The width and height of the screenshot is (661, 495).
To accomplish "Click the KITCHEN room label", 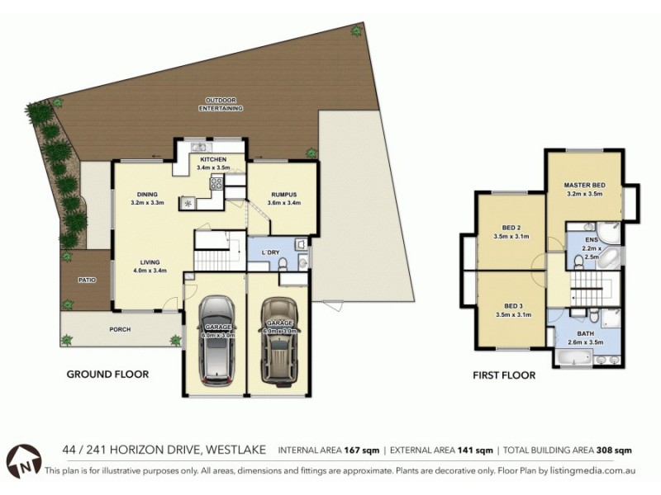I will tap(212, 159).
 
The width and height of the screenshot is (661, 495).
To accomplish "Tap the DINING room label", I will tap(148, 194).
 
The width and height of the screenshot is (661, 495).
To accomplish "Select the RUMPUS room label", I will tap(283, 194).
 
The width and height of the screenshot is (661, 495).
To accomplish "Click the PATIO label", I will tap(87, 280).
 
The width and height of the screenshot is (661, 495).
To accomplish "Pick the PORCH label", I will tap(120, 329).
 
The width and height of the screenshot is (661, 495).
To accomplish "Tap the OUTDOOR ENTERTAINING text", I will tap(223, 104).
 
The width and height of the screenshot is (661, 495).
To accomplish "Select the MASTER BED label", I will tap(583, 185).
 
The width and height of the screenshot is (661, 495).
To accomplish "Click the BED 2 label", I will tap(511, 227).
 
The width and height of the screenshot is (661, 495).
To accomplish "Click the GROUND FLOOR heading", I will tap(107, 374).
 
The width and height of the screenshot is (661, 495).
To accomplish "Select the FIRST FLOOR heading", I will tap(503, 375).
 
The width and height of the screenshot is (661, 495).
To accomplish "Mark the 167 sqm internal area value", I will tap(364, 450).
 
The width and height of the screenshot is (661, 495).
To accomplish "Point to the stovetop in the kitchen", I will tap(216, 183).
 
